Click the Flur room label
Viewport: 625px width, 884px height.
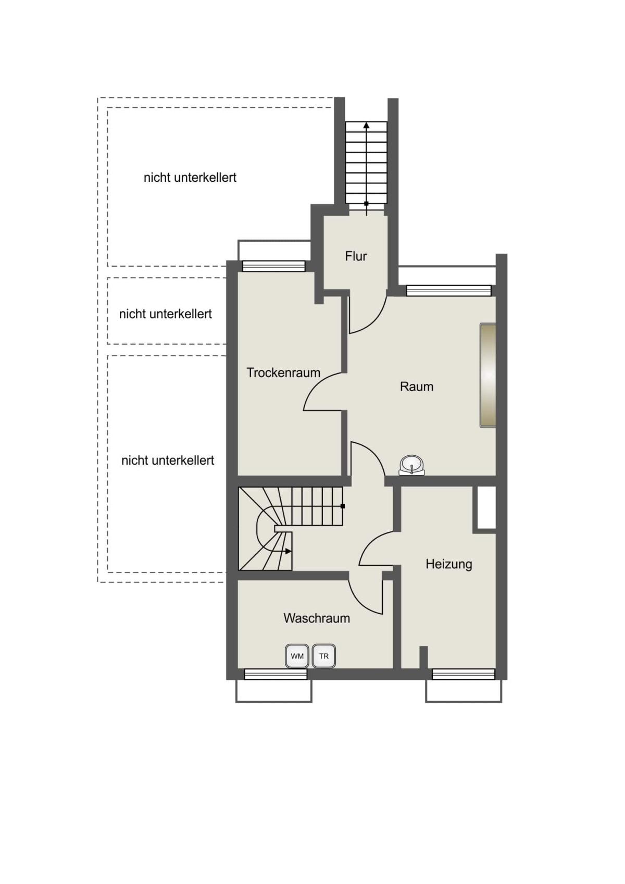point(356,256)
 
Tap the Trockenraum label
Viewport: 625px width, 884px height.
point(283,372)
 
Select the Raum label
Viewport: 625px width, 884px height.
point(416,387)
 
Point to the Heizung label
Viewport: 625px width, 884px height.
point(448,564)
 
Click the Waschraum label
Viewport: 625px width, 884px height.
point(317,618)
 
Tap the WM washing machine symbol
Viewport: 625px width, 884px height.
point(297,656)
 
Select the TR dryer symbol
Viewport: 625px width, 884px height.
point(324,656)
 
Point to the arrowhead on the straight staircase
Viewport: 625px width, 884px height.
point(367,126)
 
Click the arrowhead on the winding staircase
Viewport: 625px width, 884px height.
point(289,551)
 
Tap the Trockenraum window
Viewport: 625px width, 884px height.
point(274,266)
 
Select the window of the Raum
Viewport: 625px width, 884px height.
point(449,291)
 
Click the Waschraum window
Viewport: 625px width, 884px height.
point(276,674)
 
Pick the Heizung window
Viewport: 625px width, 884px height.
point(463,674)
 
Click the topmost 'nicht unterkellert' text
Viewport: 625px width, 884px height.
point(190,178)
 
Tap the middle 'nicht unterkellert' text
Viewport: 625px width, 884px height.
point(165,314)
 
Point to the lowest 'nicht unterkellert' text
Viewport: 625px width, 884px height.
point(168,460)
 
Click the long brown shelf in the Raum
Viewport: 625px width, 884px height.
point(488,375)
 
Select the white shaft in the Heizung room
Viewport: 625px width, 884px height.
point(486,508)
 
